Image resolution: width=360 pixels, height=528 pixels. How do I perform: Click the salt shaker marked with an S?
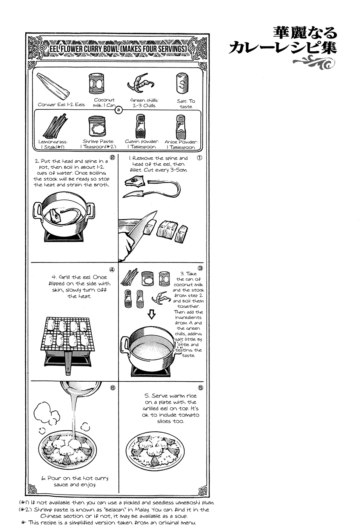[x=182, y=83]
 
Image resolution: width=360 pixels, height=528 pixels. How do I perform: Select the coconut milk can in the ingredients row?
[x=96, y=83]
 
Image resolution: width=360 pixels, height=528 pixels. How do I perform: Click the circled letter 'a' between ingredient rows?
[x=118, y=110]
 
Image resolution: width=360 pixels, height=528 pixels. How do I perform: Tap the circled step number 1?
[x=200, y=158]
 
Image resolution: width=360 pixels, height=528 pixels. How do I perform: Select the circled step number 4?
[x=112, y=269]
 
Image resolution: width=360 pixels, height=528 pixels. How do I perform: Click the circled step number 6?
[x=112, y=388]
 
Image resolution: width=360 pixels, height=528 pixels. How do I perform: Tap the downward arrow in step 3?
[x=151, y=314]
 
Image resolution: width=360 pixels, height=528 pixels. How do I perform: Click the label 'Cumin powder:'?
[x=142, y=141]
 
